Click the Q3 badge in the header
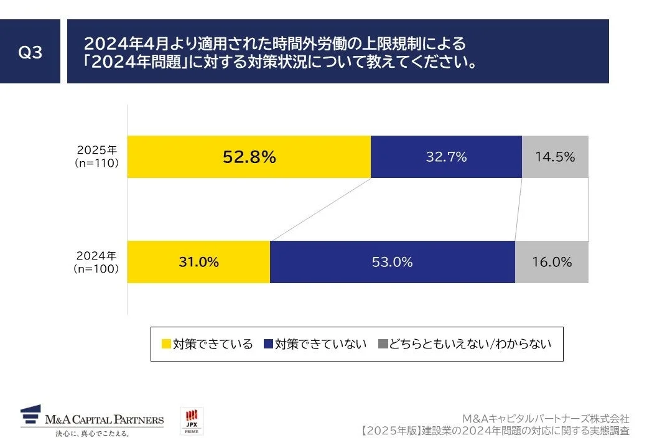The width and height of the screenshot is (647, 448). coord(30,52)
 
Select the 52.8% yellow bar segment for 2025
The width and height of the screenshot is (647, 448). coord(249,157)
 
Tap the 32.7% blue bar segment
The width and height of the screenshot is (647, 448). coord(446,157)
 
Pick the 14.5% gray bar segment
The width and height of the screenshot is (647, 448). coord(555,157)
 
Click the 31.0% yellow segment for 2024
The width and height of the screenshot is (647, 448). coord(199,262)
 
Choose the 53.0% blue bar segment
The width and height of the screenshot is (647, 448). coord(392,262)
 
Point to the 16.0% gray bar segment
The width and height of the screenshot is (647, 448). coord(551,262)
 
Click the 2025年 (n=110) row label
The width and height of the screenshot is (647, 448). coord(97,157)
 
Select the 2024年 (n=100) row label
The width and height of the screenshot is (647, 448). coord(97,262)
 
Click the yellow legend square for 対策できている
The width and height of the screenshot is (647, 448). coord(166,344)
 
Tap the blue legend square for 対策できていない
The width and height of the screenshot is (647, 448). coord(269,344)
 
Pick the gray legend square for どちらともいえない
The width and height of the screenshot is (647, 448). coord(383,344)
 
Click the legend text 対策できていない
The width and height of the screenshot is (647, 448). coord(321,344)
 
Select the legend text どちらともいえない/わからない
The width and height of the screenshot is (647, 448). coord(470,344)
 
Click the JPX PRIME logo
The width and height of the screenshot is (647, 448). coord(192,421)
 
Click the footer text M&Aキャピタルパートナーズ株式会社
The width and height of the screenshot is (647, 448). coord(546,418)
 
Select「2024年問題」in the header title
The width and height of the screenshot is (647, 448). coord(137,63)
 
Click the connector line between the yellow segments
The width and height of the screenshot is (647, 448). coord(320,209)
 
